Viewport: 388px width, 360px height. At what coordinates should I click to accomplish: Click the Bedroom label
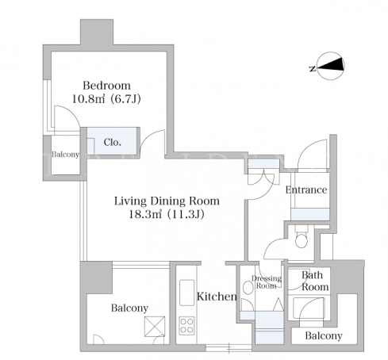(x=106, y=86)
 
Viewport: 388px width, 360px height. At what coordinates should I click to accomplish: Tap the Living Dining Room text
(x=167, y=201)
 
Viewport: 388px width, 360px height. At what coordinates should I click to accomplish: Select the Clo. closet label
(x=113, y=143)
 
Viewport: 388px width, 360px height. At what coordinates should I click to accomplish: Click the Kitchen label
(x=217, y=297)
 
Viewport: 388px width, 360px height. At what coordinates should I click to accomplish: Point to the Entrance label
(x=306, y=190)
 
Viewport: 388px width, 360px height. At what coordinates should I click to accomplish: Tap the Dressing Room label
(x=267, y=281)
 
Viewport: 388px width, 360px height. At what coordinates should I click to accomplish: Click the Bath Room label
(x=315, y=281)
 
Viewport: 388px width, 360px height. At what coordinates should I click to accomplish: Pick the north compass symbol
(x=331, y=66)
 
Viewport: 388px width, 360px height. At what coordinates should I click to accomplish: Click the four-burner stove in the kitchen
(x=186, y=326)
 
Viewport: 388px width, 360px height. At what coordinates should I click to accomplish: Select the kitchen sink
(x=186, y=293)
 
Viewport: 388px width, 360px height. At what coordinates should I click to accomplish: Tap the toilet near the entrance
(x=302, y=237)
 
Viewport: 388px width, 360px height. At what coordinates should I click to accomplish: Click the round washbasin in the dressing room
(x=248, y=288)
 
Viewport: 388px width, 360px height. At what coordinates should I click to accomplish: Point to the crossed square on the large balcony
(x=155, y=327)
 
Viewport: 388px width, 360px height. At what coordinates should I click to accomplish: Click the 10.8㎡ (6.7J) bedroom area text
(x=106, y=99)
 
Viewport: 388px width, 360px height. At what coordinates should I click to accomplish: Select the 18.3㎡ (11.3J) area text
(x=167, y=214)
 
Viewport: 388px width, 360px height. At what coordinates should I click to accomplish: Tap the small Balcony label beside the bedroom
(x=65, y=155)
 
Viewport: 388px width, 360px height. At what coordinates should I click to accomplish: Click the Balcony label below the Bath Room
(x=324, y=336)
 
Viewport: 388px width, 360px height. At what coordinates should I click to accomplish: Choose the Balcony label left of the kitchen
(x=129, y=308)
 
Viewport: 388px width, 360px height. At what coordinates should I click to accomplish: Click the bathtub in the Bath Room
(x=309, y=308)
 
